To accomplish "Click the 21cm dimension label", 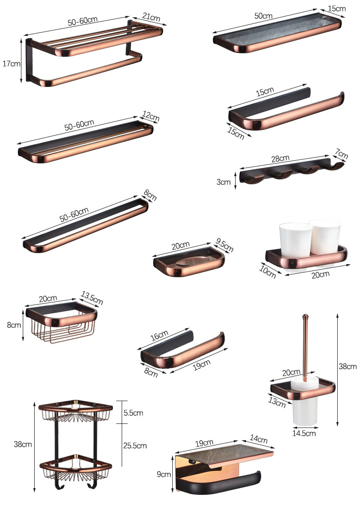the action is coord(151,17).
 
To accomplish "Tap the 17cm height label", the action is coord(11,64).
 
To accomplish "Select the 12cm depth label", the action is coord(151,116).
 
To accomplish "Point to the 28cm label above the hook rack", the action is coord(280,158).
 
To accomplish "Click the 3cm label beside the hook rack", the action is coord(224,182).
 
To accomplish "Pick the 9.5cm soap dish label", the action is coord(225,245).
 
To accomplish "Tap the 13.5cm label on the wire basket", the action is coord(92,299).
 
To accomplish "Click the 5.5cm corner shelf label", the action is coord(133,413).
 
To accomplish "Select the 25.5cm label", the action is coord(135,446).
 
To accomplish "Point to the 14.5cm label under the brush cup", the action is coord(304,433).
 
